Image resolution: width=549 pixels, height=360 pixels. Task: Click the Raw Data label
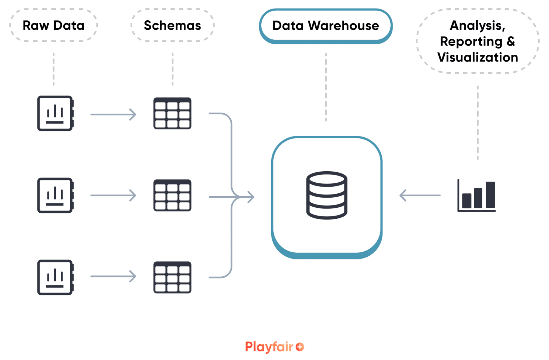(54, 25)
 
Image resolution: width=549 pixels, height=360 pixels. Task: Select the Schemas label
(172, 25)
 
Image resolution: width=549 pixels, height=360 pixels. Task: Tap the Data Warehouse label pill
(326, 26)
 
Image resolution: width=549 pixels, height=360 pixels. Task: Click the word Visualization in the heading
(478, 57)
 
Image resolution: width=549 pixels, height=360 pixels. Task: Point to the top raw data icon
(55, 113)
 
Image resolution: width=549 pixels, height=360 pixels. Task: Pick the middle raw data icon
(55, 195)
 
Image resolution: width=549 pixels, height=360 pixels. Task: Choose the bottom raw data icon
(55, 277)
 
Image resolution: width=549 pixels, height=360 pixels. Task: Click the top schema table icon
(172, 113)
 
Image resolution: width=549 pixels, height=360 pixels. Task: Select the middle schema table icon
(172, 195)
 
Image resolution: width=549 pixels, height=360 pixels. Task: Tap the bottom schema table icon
(172, 277)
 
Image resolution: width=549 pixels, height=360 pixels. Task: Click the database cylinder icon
(327, 195)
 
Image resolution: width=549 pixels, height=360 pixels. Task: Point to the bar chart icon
(477, 195)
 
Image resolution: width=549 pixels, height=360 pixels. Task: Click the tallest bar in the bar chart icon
(490, 194)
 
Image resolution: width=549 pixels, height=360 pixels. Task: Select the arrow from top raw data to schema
(113, 114)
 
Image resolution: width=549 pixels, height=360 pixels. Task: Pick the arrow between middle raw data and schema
(113, 196)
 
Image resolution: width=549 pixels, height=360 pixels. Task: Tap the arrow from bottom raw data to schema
(113, 276)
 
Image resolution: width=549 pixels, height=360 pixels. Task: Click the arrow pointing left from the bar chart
(420, 196)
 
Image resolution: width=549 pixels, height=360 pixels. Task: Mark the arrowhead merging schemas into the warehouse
(251, 197)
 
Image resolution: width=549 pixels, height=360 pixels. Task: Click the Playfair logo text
(269, 347)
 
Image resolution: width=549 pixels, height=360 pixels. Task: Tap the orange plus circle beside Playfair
(300, 347)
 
